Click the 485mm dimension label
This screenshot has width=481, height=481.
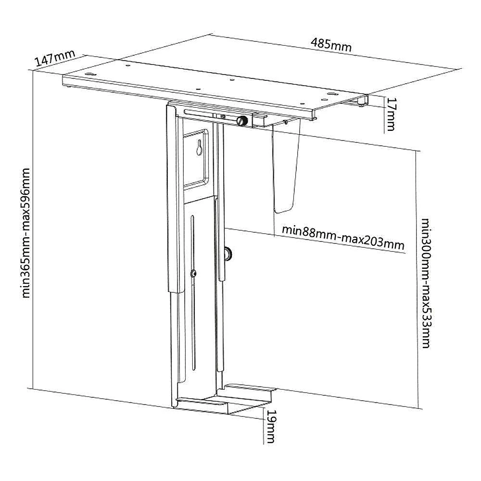331,44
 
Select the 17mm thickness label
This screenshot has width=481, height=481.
391,114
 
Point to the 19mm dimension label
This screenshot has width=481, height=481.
270,426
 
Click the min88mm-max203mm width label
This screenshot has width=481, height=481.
343,238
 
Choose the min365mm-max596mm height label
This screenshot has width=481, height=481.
26,233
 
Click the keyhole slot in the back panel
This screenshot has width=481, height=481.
200,147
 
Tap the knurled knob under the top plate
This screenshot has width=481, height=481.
242,120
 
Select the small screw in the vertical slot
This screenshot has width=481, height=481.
193,274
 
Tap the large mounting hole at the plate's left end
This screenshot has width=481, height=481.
90,74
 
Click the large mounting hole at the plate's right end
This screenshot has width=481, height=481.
331,94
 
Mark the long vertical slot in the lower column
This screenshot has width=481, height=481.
192,293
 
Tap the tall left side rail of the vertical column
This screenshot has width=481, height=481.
173,254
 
